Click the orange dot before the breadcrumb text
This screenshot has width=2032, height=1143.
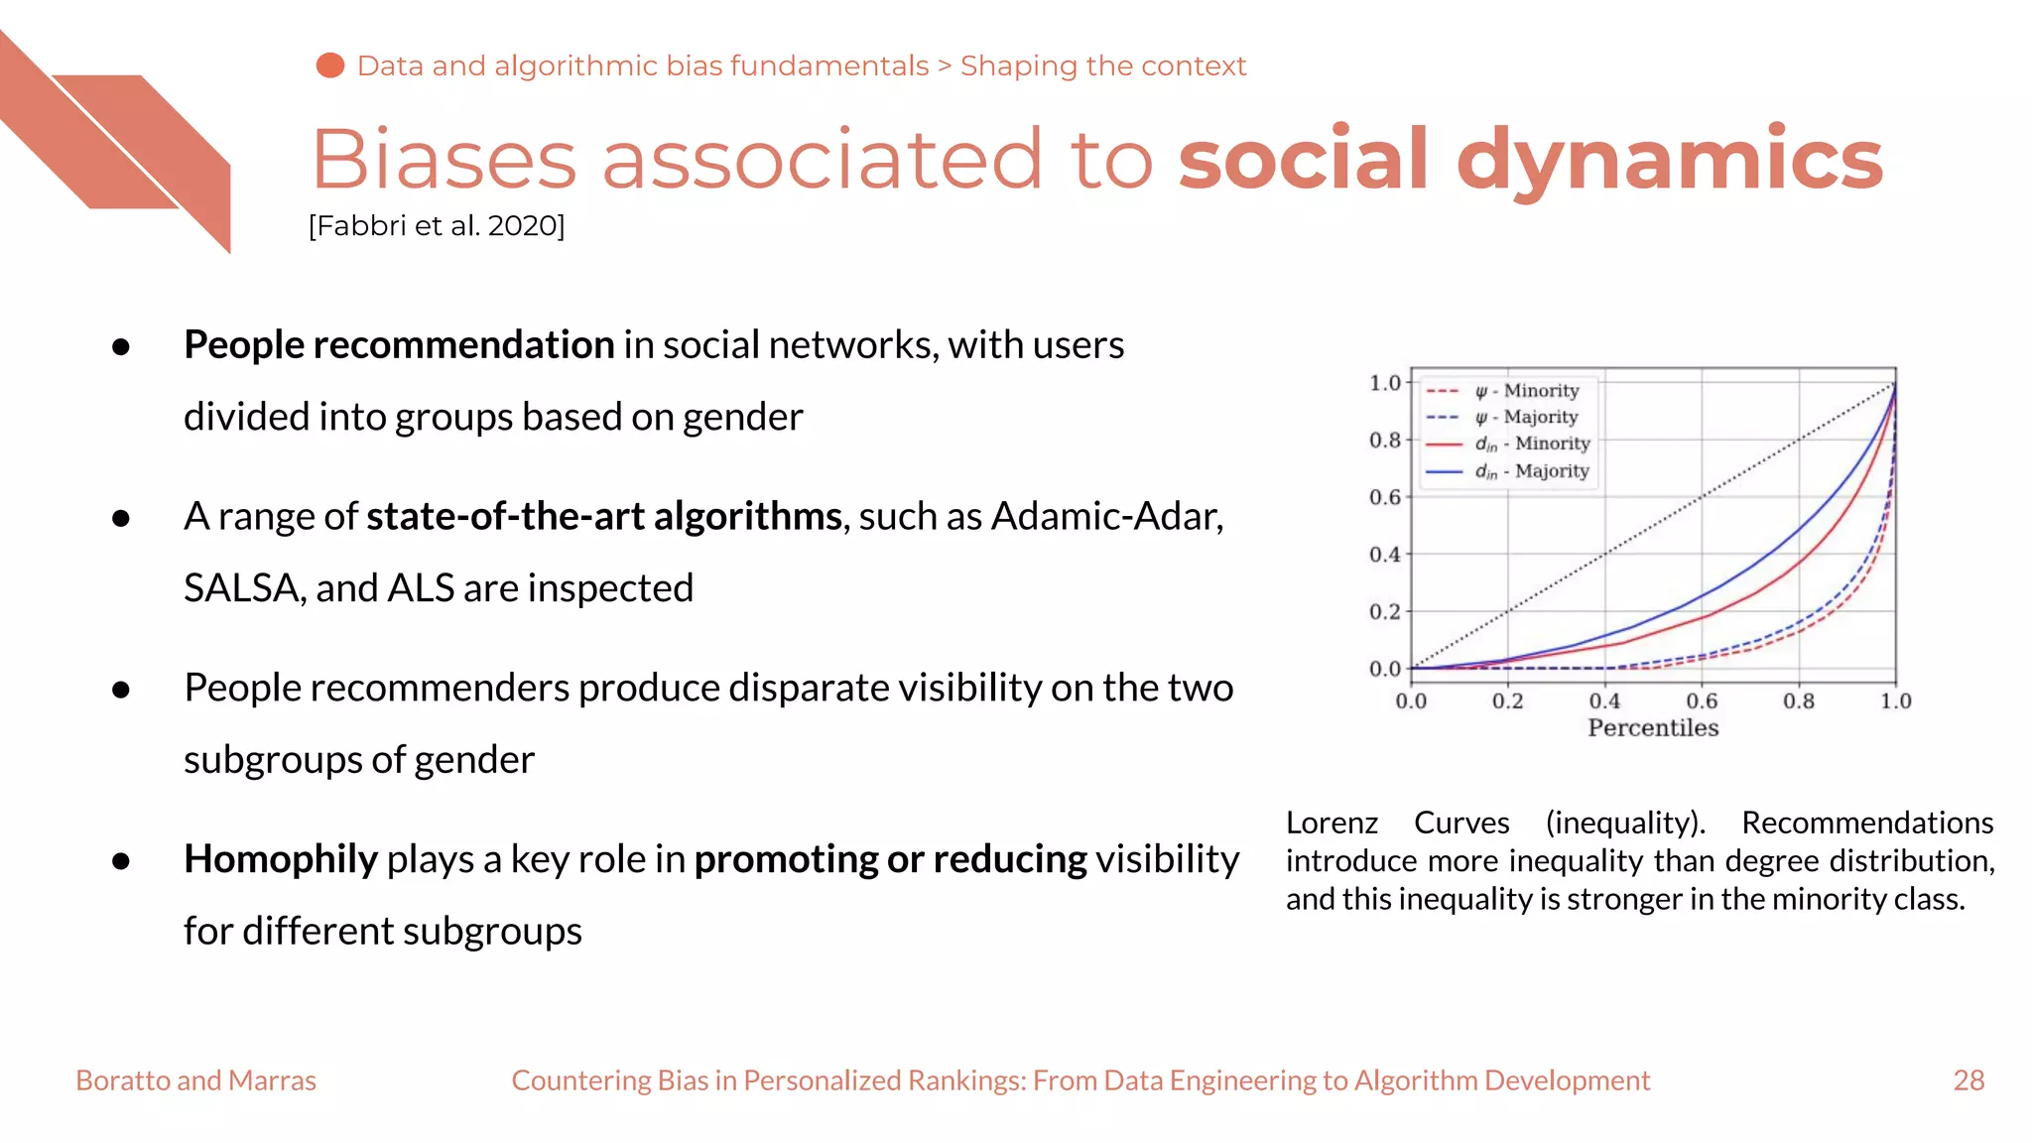click(x=329, y=65)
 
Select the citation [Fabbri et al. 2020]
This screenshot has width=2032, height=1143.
click(x=437, y=226)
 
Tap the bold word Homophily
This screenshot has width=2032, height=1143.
click(x=280, y=859)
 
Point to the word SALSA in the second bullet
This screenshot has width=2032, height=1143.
click(x=242, y=588)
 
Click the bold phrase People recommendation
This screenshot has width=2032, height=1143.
click(x=399, y=345)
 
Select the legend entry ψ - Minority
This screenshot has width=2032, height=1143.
click(x=1526, y=391)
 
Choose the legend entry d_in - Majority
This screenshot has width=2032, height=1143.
click(x=1531, y=471)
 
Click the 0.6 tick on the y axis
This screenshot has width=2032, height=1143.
click(x=1385, y=497)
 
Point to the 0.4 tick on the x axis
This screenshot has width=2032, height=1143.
click(x=1604, y=701)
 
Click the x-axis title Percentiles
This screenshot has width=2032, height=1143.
click(x=1653, y=728)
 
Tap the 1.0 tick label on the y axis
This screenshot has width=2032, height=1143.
click(x=1385, y=383)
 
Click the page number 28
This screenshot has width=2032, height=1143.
click(x=1968, y=1080)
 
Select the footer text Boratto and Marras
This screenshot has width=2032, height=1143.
click(x=195, y=1080)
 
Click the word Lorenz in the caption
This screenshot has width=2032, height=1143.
click(x=1332, y=824)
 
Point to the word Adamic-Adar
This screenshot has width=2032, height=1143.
click(x=1106, y=517)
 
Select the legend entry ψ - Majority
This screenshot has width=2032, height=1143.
click(x=1526, y=418)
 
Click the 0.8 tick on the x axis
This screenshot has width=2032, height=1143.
click(x=1798, y=701)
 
